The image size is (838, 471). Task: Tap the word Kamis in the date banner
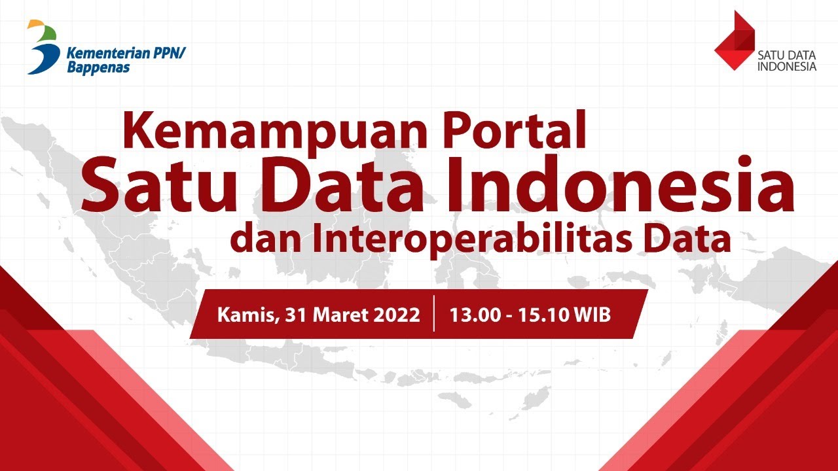click(x=246, y=315)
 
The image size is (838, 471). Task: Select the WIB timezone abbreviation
click(x=592, y=315)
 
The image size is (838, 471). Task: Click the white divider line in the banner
click(x=434, y=315)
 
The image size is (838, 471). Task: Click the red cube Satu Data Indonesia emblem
click(x=734, y=41)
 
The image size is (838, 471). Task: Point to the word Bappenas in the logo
click(x=98, y=67)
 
